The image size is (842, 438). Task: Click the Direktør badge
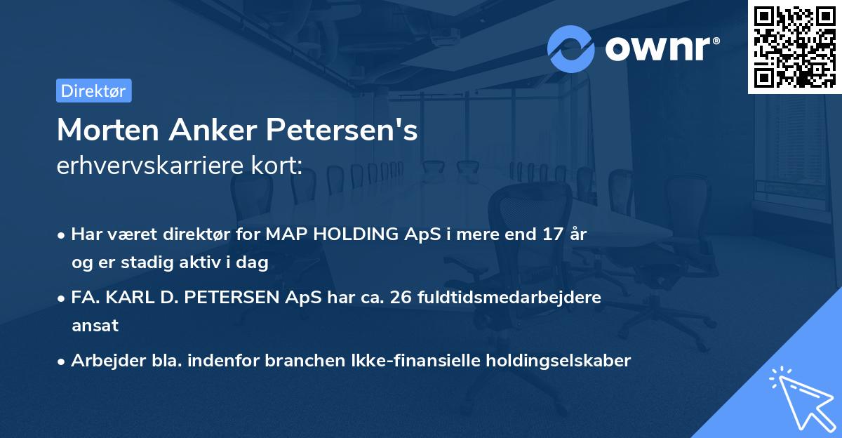point(93,91)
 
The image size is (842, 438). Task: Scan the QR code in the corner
point(794,46)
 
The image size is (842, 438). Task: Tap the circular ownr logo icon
point(571,48)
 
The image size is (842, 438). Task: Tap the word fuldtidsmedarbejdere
point(509,298)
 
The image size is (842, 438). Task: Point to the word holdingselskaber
point(555,361)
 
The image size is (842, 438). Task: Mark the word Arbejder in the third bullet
point(102,361)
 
